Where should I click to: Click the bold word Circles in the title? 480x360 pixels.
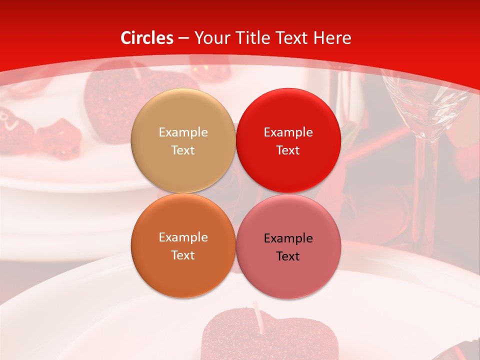[x=147, y=38]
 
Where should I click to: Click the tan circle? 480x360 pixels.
[x=183, y=141]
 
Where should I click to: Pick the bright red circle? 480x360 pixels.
[x=288, y=141]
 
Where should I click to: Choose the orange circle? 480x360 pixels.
[x=183, y=246]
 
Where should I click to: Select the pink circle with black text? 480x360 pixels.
[x=288, y=247]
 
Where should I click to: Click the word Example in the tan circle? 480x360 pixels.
[x=183, y=132]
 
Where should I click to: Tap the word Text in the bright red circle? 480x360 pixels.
[x=288, y=150]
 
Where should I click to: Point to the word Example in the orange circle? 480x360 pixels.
[x=183, y=237]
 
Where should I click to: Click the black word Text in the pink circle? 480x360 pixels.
[x=288, y=256]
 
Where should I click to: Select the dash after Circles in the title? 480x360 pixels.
[x=183, y=38]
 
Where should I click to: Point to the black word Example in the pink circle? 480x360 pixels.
[x=288, y=238]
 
